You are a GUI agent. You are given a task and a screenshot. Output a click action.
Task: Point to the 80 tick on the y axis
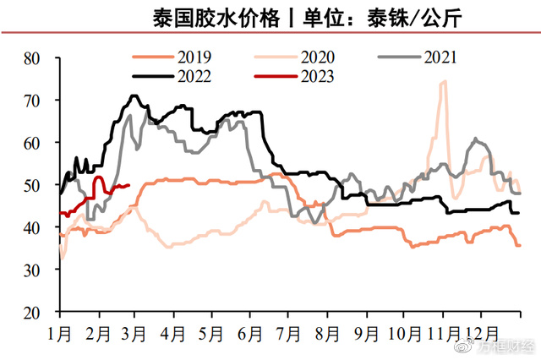tap(33, 58)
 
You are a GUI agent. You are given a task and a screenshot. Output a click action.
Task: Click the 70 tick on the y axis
tap(33, 101)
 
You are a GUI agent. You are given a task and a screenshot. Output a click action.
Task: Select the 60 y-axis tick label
tap(33, 143)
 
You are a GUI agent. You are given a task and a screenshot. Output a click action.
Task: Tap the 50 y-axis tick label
tap(33, 185)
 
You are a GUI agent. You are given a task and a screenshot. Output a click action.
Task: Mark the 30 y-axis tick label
tap(33, 270)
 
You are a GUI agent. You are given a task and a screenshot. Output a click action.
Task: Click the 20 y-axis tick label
tap(33, 312)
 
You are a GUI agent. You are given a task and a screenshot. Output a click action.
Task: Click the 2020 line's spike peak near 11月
tap(444, 82)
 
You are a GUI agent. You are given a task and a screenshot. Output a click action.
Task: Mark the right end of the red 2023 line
tap(128, 186)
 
